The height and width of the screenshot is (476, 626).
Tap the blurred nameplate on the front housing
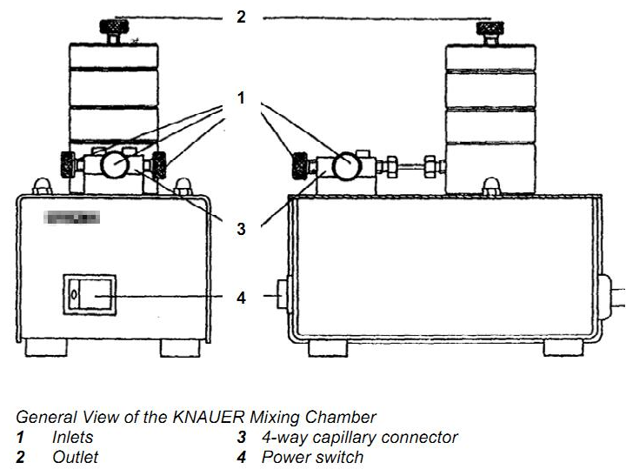pyautogui.click(x=70, y=218)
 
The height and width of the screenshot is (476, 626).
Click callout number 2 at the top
pyautogui.click(x=241, y=16)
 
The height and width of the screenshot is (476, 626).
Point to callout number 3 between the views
pyautogui.click(x=241, y=230)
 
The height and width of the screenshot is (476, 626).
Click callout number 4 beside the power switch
pyautogui.click(x=241, y=298)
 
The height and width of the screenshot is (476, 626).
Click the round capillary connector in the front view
pyautogui.click(x=113, y=164)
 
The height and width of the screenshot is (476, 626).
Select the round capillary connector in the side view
pyautogui.click(x=347, y=164)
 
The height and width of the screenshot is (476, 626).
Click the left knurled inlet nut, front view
pyautogui.click(x=67, y=164)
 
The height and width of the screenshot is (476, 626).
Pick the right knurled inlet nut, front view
pyautogui.click(x=159, y=164)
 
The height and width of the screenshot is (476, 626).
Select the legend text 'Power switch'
pyautogui.click(x=312, y=457)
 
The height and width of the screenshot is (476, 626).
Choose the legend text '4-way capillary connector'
pyautogui.click(x=359, y=437)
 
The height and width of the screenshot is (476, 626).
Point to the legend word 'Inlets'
pyautogui.click(x=72, y=437)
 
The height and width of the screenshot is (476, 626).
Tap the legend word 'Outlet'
pyautogui.click(x=75, y=457)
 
